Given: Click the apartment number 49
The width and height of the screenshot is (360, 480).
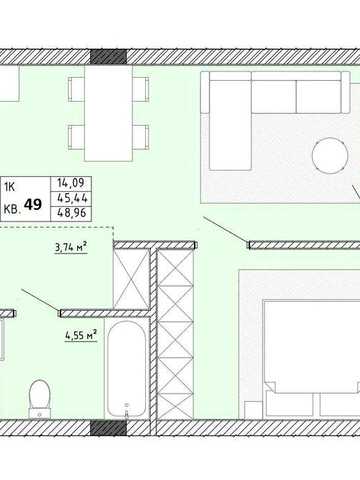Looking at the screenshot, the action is pyautogui.click(x=33, y=204).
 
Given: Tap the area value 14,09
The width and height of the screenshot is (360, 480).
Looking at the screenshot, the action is pyautogui.click(x=70, y=183).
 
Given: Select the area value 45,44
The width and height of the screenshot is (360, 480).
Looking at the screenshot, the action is pyautogui.click(x=72, y=198).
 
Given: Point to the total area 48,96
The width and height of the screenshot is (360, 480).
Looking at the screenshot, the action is pyautogui.click(x=72, y=212).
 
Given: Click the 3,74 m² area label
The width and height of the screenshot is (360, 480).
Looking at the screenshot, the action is pyautogui.click(x=71, y=248).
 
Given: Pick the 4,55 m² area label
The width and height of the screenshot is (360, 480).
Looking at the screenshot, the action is pyautogui.click(x=81, y=335).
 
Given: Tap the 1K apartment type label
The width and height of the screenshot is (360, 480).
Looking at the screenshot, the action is pyautogui.click(x=9, y=188).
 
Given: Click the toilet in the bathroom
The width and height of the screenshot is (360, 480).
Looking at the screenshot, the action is pyautogui.click(x=40, y=399).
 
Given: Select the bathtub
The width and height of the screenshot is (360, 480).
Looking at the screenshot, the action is pyautogui.click(x=127, y=369).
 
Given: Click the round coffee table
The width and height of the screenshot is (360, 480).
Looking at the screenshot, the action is pyautogui.click(x=330, y=155).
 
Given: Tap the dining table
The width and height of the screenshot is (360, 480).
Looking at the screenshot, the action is pyautogui.click(x=108, y=113).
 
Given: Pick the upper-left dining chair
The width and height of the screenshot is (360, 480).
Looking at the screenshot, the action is pyautogui.click(x=76, y=89).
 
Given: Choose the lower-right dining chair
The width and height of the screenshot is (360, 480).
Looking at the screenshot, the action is pyautogui.click(x=140, y=137).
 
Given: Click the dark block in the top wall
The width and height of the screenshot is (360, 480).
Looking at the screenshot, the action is pyautogui.click(x=109, y=57).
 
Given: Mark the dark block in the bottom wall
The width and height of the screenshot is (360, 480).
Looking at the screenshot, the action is pyautogui.click(x=109, y=428).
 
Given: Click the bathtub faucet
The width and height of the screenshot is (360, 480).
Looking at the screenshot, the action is pyautogui.click(x=127, y=411).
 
